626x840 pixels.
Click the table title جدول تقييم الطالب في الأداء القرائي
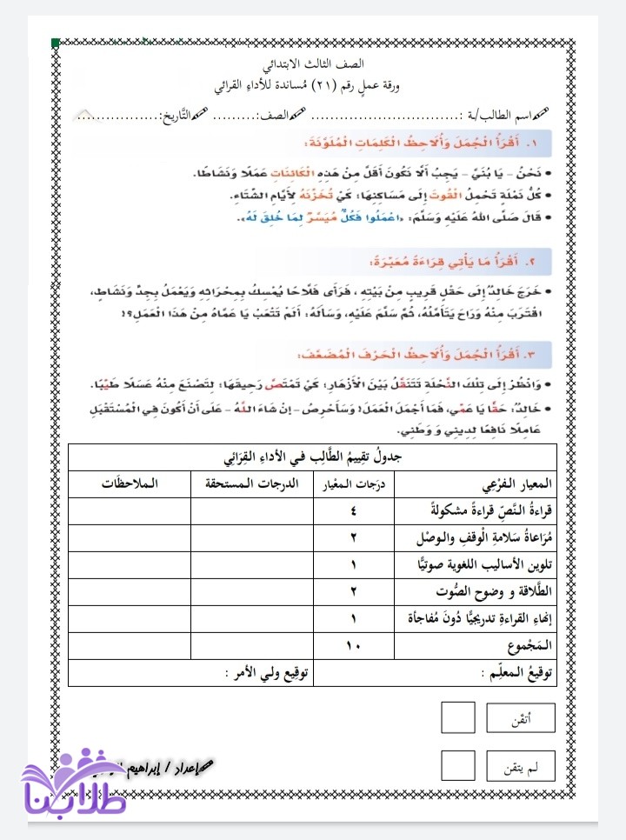313,457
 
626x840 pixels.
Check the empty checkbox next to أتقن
458,718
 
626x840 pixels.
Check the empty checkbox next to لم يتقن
458,766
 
